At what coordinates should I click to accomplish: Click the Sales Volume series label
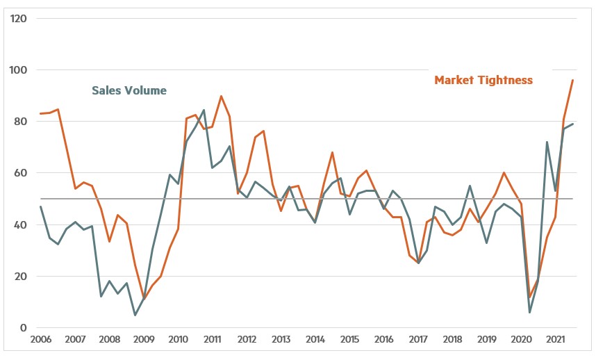129,90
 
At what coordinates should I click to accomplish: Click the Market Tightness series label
483,80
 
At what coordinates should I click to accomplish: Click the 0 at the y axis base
23,327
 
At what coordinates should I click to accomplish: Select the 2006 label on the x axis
41,341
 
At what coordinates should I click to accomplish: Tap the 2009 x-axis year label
143,341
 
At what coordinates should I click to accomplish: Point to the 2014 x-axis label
315,341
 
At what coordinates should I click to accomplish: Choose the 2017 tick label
417,341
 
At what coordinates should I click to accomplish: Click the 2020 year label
521,341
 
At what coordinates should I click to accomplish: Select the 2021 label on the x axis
555,341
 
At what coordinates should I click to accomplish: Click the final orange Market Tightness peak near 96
572,80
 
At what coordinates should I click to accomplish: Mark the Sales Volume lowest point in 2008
135,315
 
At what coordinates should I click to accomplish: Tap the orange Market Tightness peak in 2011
221,96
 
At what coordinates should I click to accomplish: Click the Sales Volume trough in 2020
530,312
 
